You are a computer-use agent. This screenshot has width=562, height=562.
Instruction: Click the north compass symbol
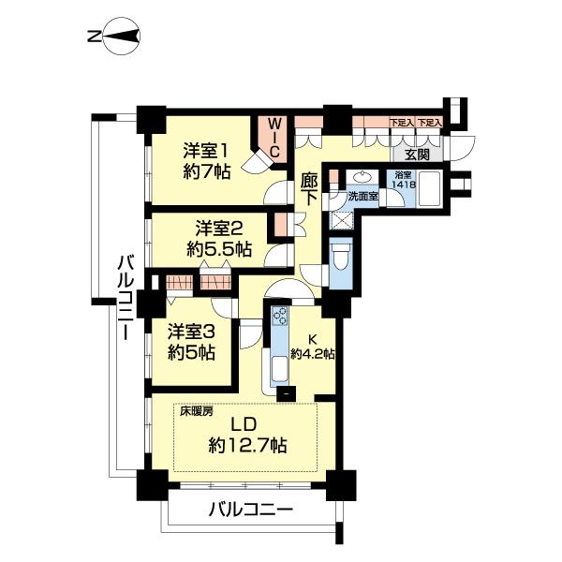[122, 37]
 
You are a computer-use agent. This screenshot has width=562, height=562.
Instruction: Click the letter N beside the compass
[95, 37]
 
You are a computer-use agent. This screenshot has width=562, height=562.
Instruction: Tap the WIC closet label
[274, 139]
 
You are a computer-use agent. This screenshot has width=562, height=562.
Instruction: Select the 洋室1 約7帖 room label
[206, 161]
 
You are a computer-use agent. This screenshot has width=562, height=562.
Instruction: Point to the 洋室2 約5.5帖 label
[219, 239]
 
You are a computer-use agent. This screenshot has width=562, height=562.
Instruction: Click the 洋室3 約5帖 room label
[192, 342]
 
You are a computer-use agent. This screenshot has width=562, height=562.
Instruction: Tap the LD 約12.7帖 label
[247, 435]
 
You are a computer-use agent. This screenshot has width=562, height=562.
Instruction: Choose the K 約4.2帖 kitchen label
[313, 347]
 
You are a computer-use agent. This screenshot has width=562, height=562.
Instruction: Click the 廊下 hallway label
[309, 189]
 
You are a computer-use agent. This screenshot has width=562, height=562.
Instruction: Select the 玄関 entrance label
[417, 155]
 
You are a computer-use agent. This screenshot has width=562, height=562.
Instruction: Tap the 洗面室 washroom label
[363, 197]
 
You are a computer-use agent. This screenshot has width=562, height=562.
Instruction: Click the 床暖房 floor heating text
[196, 411]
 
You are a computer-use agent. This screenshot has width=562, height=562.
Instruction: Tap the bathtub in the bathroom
[429, 189]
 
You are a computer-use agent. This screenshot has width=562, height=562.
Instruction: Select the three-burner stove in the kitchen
[279, 317]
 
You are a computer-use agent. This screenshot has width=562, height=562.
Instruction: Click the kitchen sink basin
[279, 369]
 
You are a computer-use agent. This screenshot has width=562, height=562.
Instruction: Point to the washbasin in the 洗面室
[362, 177]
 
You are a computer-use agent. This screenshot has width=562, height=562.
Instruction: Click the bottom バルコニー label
[250, 510]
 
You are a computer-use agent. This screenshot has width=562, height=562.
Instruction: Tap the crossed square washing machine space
[341, 222]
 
